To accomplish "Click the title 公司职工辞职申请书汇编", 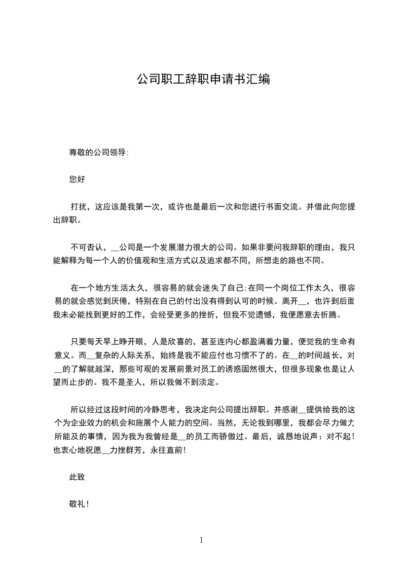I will coord(203,79).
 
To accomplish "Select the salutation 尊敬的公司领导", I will coord(98,152).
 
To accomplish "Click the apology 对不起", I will coord(338,437).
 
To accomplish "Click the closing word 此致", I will coord(77,477).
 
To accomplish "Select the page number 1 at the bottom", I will coord(201,540).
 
